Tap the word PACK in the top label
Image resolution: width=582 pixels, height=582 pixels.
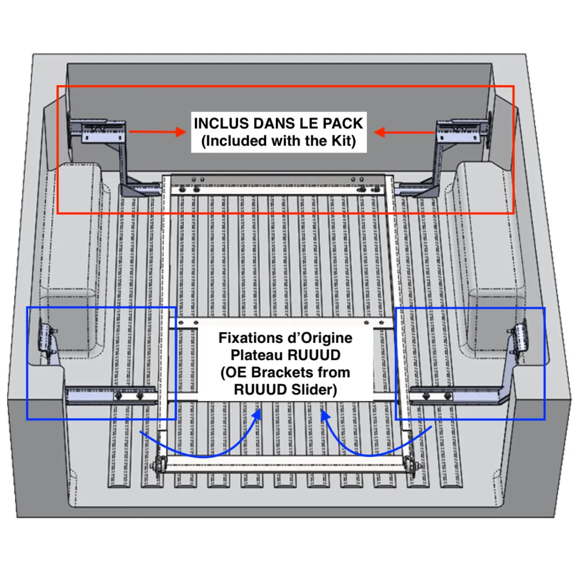[x=342, y=123]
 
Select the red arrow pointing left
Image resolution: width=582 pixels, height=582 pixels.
[x=404, y=132]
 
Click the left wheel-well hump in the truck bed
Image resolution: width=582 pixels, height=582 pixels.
[x=81, y=226]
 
